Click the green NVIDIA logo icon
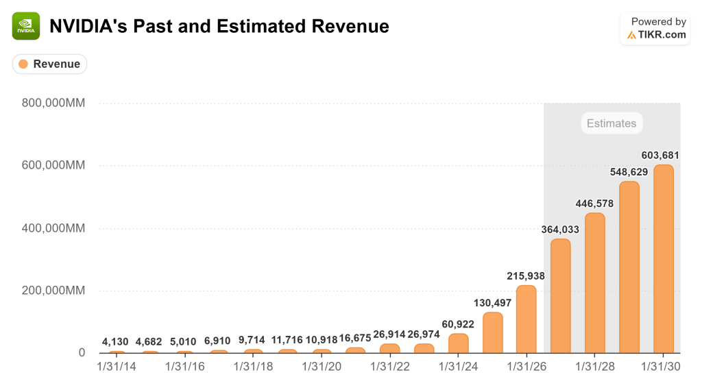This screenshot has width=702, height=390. point(26,26)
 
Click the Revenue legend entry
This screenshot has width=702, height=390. point(49,64)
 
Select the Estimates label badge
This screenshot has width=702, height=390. point(612,123)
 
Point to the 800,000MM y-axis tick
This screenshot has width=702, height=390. point(55,103)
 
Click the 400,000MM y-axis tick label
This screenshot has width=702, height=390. point(55,228)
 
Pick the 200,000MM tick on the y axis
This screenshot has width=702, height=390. point(55,291)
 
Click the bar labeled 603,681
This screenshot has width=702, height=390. point(663,259)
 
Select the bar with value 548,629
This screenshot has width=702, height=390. point(629,267)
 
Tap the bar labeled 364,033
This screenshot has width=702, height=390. point(560,296)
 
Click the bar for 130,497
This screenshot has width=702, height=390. point(492,333)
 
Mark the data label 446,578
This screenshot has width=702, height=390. point(594,204)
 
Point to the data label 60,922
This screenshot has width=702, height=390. point(458,323)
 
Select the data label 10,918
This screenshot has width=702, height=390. point(321,340)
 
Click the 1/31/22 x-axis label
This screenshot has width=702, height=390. point(389,367)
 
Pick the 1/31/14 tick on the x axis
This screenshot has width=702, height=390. point(117,367)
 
